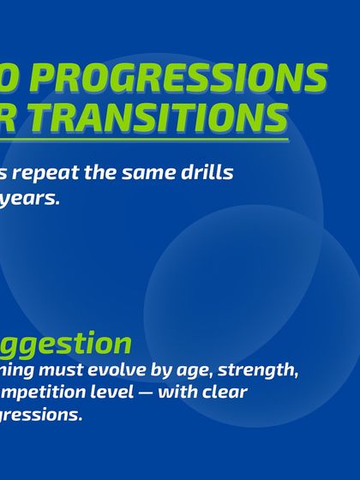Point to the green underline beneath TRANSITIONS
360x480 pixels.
pyautogui.click(x=146, y=139)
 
